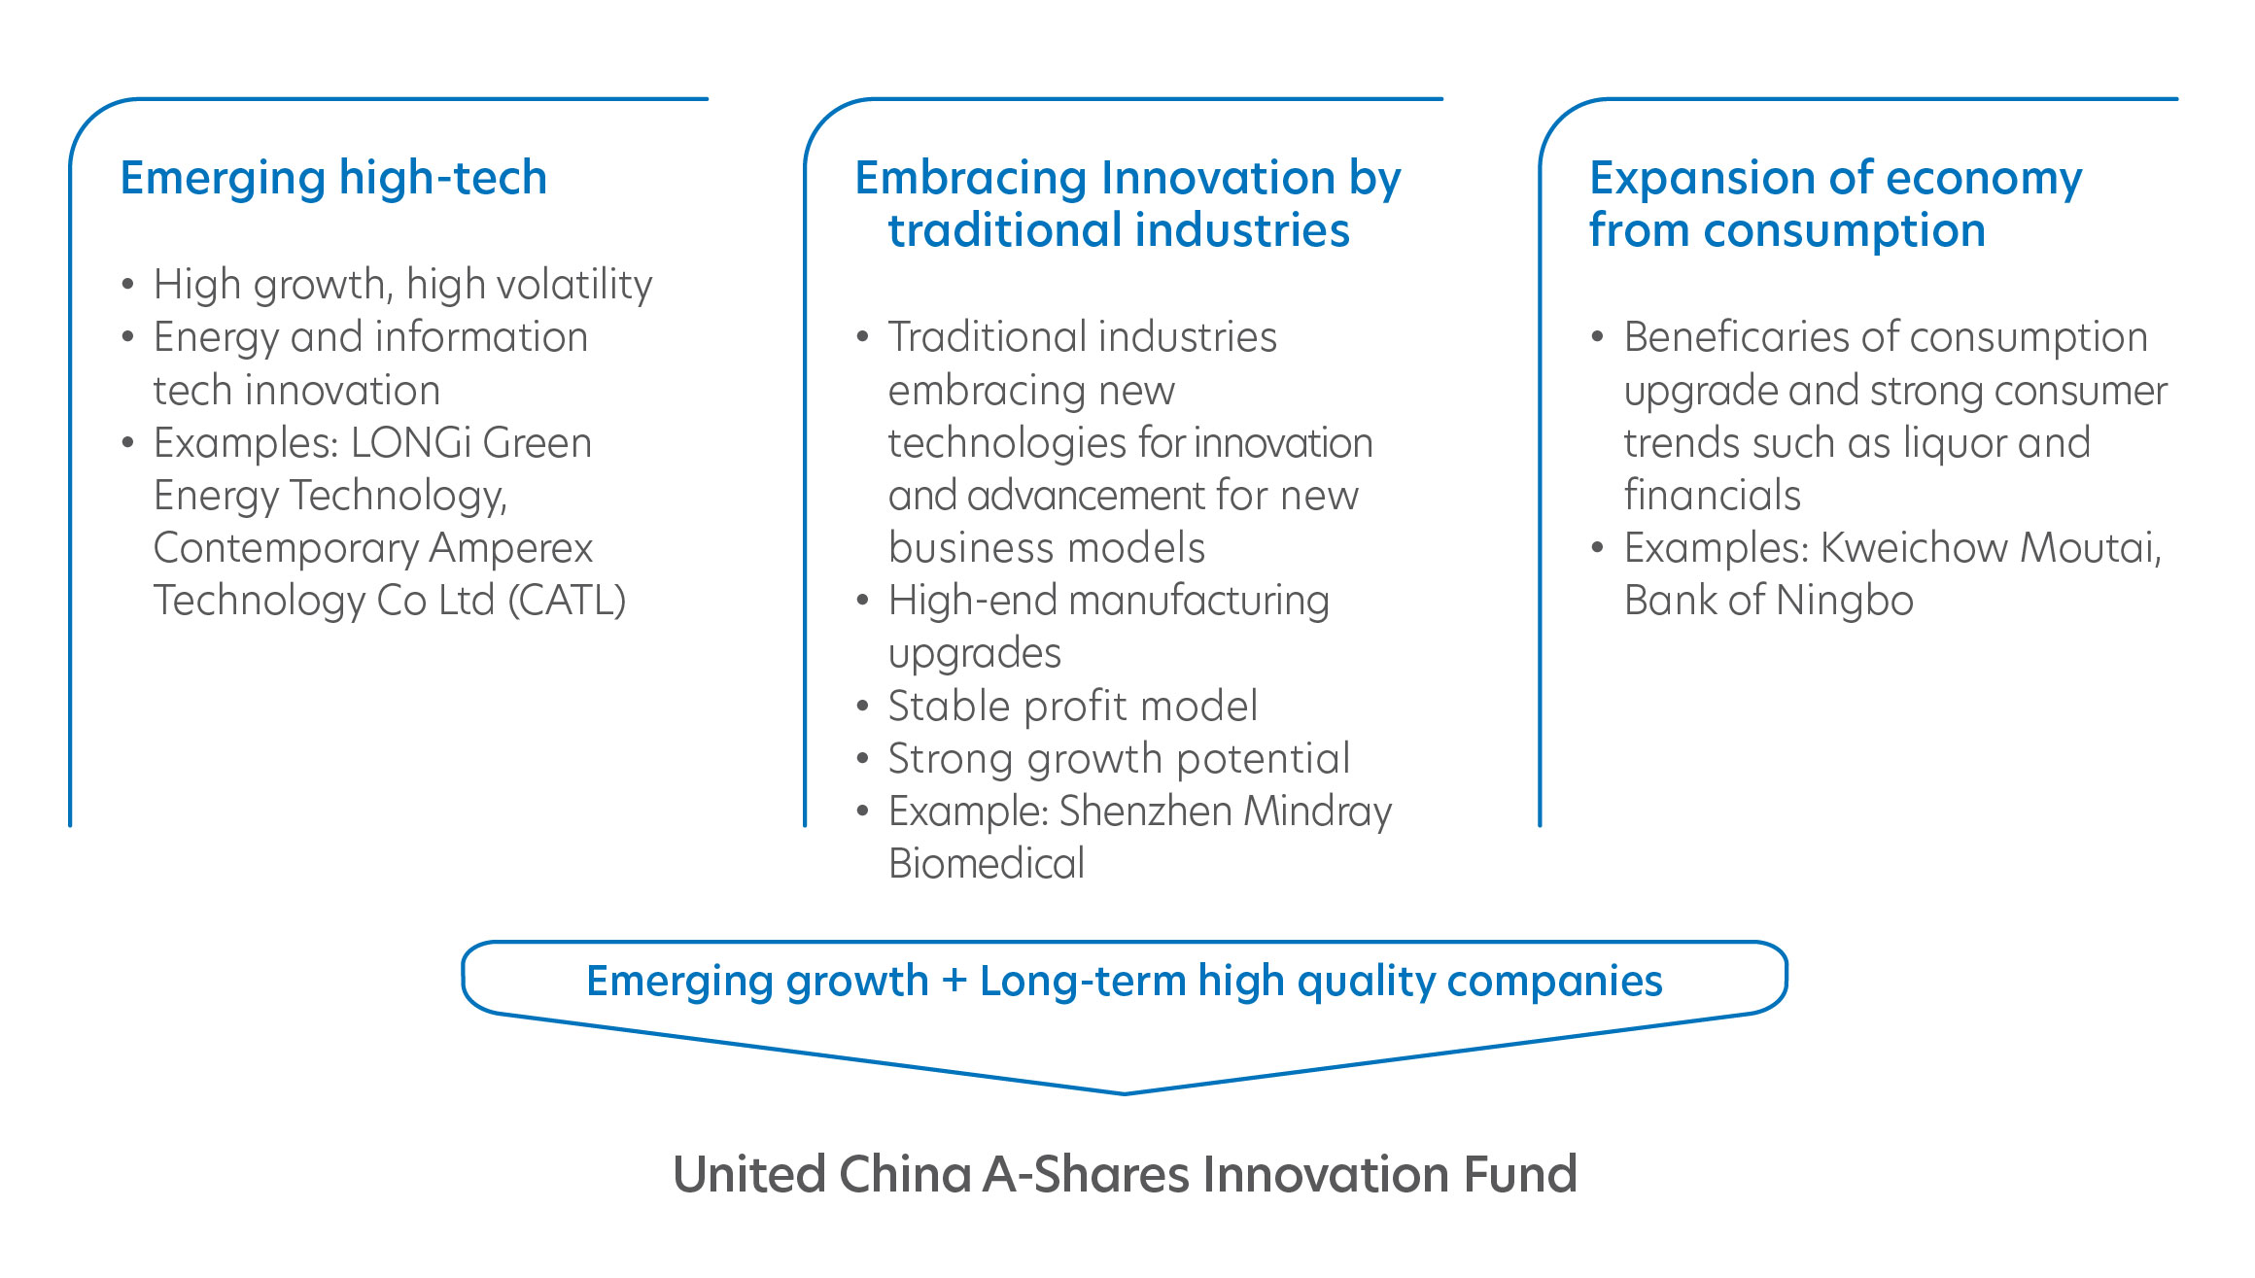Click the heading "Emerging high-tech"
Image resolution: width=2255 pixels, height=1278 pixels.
[x=333, y=179]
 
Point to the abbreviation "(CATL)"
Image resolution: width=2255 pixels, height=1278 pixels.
[x=568, y=601]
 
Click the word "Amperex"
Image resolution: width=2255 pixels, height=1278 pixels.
[x=511, y=549]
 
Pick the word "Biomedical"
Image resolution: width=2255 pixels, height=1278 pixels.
[x=987, y=864]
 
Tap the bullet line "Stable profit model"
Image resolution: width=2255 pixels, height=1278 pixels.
[x=1073, y=707]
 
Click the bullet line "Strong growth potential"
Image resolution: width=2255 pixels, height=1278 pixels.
[x=1120, y=759]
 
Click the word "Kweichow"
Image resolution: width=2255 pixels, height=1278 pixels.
[x=1914, y=548]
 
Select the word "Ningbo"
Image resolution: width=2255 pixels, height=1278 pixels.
[x=1845, y=601]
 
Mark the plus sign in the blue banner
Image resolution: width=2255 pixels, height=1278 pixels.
[x=954, y=981]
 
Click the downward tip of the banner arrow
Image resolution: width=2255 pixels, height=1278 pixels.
[x=1125, y=1094]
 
